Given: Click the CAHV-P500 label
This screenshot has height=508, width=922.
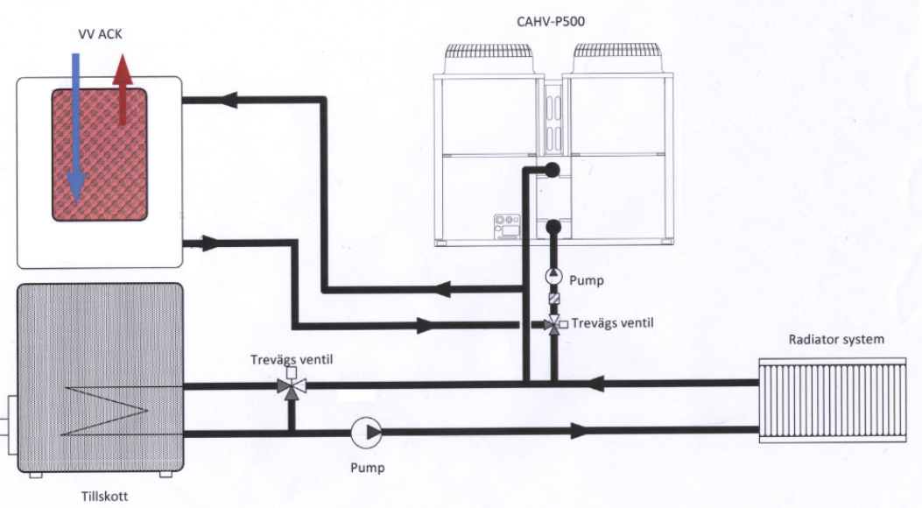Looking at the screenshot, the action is tap(551, 23).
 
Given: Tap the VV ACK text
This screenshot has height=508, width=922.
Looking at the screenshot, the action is tap(100, 34).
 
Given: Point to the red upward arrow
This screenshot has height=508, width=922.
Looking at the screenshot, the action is tap(123, 89).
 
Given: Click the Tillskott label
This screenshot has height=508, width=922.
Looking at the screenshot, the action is tap(105, 497).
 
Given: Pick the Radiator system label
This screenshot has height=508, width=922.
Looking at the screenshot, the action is tap(836, 339).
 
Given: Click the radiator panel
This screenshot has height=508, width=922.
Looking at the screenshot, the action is tap(833, 399).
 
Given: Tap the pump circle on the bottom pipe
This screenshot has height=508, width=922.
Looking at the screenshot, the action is tap(366, 433).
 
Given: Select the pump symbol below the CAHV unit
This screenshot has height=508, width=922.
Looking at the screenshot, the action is tap(554, 275).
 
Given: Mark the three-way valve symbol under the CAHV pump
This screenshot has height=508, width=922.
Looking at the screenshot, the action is tap(554, 324).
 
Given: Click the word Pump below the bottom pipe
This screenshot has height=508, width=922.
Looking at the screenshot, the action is tap(368, 468).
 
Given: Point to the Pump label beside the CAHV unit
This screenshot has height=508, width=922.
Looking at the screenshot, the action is tap(587, 280).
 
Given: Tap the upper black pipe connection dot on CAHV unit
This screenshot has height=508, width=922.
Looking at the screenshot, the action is tap(552, 170).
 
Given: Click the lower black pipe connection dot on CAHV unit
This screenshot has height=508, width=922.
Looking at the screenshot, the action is tap(553, 226).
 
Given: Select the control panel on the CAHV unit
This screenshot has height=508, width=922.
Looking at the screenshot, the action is tap(508, 226).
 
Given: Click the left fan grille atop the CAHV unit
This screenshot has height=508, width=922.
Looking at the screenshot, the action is tap(489, 58).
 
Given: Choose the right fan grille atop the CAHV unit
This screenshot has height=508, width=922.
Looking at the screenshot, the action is tap(618, 58).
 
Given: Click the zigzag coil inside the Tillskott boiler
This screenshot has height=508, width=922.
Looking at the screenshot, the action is tap(104, 411).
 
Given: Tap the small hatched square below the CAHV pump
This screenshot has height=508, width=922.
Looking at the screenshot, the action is tap(554, 299).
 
